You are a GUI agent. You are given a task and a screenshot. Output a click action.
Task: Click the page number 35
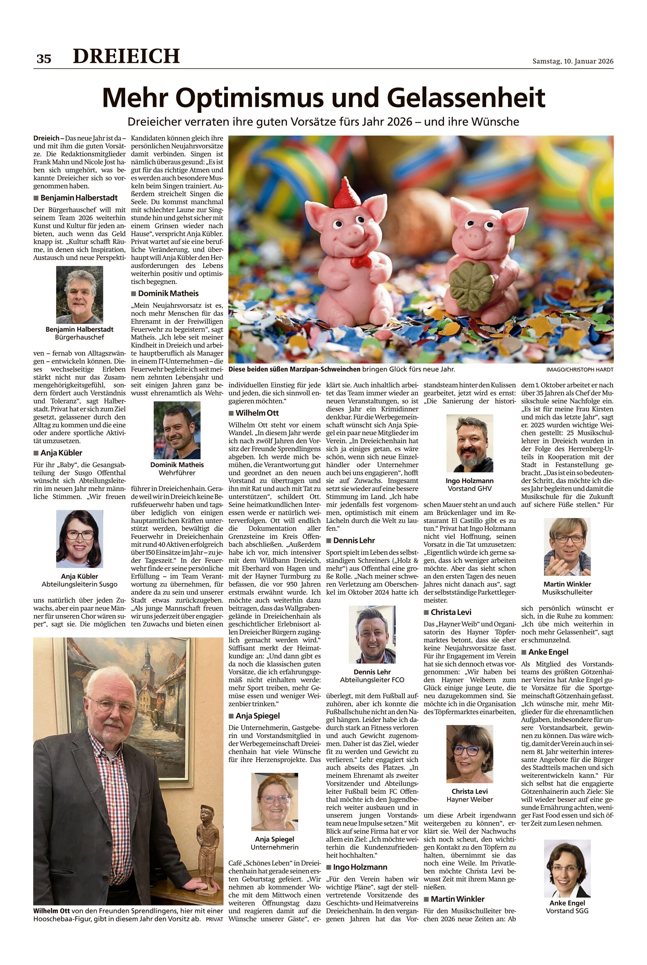coord(44,59)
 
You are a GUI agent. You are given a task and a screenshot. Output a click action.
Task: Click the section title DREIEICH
coord(126,56)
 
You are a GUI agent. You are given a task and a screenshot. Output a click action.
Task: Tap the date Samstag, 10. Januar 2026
coord(572,61)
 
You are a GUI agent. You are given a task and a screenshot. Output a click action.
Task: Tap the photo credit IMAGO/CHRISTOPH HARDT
coord(579,370)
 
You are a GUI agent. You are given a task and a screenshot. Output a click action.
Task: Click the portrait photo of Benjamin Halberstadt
coord(80,295)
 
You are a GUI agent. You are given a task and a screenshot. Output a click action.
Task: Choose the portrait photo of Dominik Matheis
coord(177,430)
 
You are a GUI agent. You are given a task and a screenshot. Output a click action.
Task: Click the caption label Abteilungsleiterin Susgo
coord(80,584)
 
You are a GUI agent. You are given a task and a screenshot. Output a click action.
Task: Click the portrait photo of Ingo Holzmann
coord(470,443)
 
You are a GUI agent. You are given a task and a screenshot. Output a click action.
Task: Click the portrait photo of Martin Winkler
coord(567,547)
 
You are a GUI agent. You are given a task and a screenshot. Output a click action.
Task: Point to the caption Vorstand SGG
coord(567,910)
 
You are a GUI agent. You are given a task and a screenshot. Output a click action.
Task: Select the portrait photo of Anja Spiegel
coord(274,802)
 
